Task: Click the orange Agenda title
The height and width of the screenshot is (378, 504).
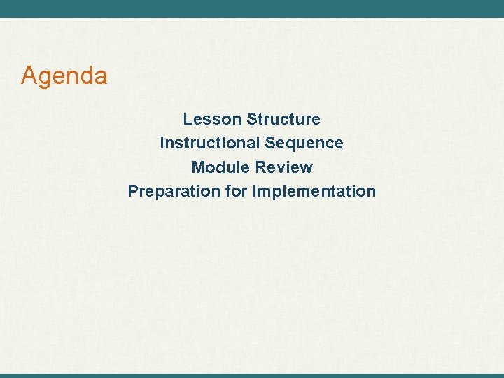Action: (x=64, y=76)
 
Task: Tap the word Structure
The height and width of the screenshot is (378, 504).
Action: (x=283, y=119)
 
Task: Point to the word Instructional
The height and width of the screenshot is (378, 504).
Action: (x=209, y=143)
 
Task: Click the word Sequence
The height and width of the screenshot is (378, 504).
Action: (x=304, y=143)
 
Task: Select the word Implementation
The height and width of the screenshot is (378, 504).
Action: (x=314, y=191)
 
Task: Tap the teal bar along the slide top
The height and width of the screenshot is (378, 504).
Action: (x=252, y=8)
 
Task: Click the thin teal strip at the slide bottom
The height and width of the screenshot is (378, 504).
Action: (x=252, y=375)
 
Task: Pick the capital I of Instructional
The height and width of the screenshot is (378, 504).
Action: (x=162, y=143)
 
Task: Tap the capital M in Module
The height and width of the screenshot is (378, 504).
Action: (x=197, y=167)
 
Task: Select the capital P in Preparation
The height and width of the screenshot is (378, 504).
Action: (x=132, y=191)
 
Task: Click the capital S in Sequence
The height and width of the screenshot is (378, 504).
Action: (x=269, y=143)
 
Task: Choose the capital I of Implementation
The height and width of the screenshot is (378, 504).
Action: (x=254, y=191)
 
